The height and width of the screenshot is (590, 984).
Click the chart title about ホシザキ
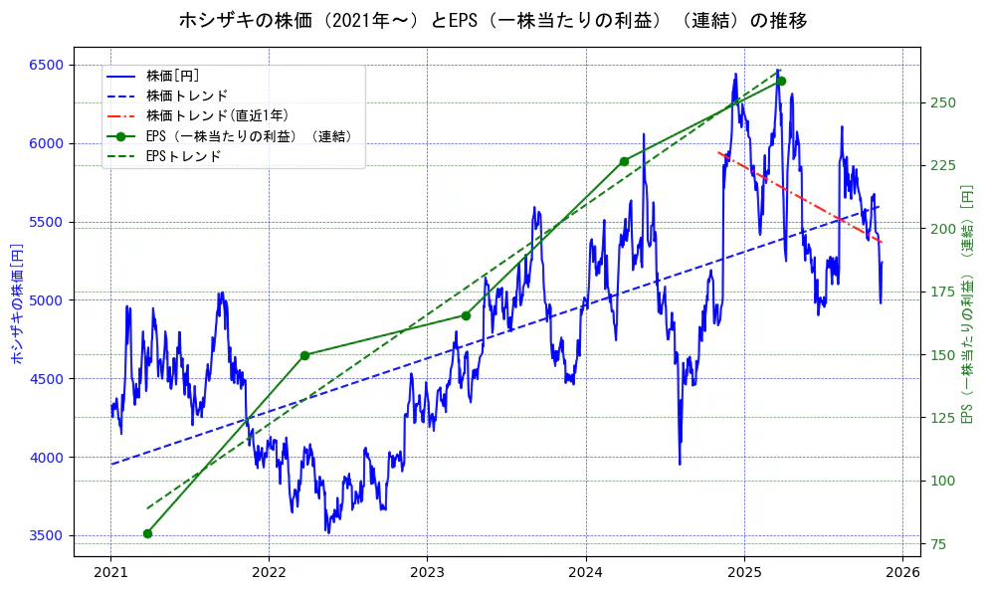[492, 20]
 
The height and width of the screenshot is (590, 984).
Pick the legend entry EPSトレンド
[183, 156]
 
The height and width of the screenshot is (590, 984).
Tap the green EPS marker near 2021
[147, 533]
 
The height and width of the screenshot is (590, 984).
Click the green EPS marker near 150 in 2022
[305, 355]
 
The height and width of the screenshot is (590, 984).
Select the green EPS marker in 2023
[466, 315]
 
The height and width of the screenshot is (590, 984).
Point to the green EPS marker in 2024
[624, 161]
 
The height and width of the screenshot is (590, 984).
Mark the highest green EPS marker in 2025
[781, 81]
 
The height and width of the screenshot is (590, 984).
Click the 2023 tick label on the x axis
[427, 574]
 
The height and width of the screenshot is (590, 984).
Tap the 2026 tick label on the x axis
[902, 574]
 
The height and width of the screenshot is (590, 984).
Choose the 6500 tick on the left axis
[46, 65]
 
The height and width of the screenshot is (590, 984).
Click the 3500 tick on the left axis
[46, 535]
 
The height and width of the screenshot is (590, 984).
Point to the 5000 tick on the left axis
[46, 300]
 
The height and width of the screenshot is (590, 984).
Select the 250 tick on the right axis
[942, 102]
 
